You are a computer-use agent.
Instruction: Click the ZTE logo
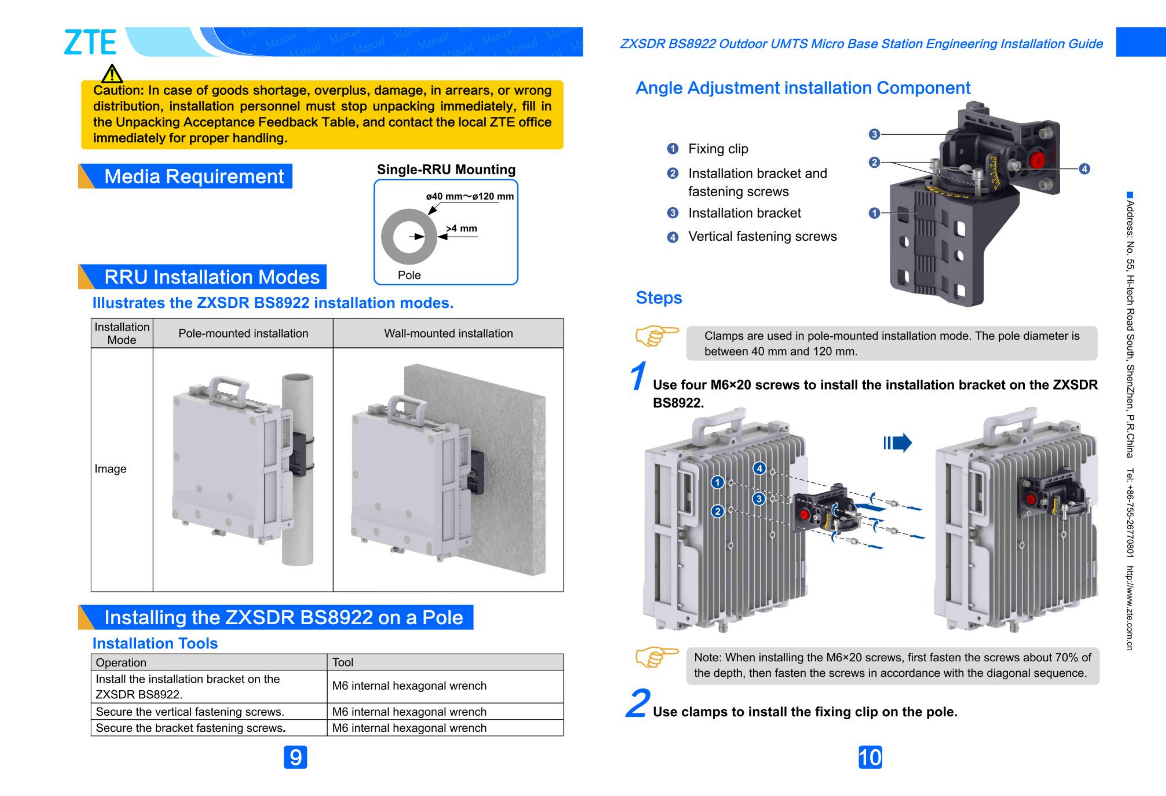(90, 42)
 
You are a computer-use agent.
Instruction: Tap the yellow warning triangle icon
(112, 74)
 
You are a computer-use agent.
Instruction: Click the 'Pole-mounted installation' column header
(243, 333)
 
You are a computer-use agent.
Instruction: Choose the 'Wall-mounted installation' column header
(448, 333)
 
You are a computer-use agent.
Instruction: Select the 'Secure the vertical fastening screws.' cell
(190, 712)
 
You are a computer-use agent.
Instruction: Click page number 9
(295, 757)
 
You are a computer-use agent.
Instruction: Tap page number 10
(870, 757)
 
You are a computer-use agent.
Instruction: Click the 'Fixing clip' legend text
(718, 149)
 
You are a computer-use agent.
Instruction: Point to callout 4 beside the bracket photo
(1084, 169)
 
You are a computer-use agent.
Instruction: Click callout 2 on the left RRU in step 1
(717, 511)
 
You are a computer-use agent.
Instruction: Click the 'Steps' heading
(659, 298)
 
